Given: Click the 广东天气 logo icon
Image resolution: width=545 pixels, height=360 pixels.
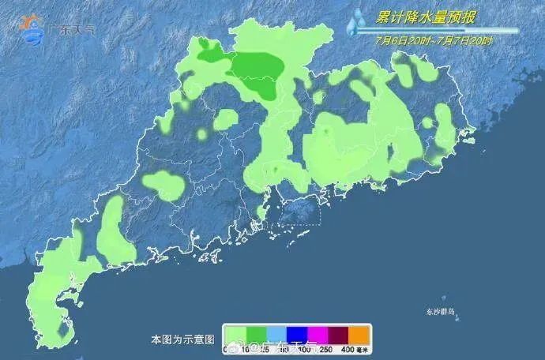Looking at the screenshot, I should pyautogui.click(x=32, y=28).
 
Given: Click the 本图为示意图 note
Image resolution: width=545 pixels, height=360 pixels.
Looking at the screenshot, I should pyautogui.click(x=182, y=339).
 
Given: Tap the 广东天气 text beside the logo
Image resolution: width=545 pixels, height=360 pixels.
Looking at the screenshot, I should pyautogui.click(x=73, y=29).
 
